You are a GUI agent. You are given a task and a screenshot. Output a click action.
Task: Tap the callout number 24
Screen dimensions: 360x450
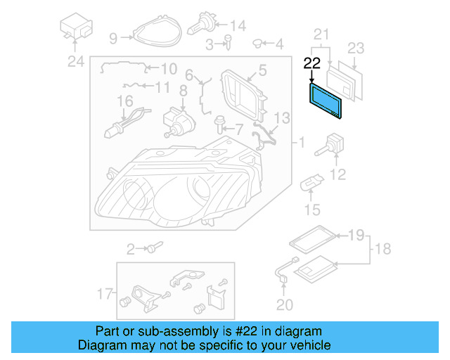click(75, 61)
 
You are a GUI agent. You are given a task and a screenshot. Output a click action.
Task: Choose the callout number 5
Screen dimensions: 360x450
click(262, 70)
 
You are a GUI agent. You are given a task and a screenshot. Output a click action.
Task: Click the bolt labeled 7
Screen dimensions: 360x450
click(221, 127)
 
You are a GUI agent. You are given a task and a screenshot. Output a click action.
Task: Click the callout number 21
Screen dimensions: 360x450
click(321, 34)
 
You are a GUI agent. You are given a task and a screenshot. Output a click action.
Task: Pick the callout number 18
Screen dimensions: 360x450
click(384, 249)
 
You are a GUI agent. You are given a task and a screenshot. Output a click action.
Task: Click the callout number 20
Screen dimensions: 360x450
click(283, 304)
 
